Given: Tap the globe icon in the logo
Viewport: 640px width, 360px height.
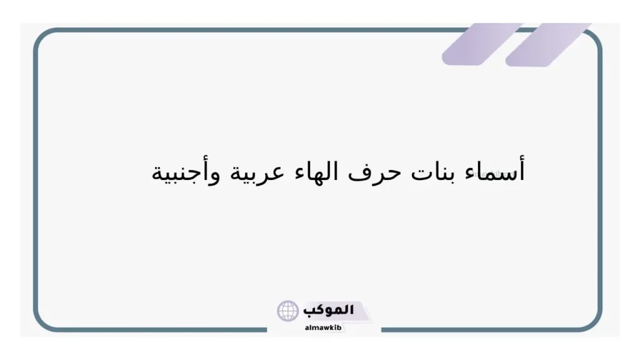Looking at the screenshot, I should click(x=288, y=311).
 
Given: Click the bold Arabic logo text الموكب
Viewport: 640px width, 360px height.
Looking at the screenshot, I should click(x=328, y=309).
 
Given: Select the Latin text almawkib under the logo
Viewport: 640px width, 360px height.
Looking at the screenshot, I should click(x=323, y=327).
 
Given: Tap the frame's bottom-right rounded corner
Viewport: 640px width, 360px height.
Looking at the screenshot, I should click(x=594, y=322).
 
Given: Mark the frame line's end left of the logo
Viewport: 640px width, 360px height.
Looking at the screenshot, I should click(x=266, y=329).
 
